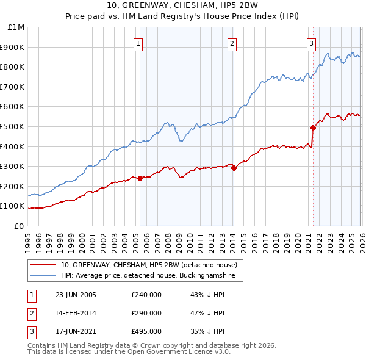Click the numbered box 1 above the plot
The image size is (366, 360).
[139, 43]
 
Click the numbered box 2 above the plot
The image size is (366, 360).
[232, 43]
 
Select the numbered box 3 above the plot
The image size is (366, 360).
[311, 43]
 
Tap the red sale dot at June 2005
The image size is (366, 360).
[140, 178]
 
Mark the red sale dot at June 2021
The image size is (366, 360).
[313, 128]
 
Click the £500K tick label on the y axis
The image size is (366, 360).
[13, 126]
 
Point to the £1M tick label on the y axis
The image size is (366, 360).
[16, 27]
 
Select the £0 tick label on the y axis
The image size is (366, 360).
[19, 226]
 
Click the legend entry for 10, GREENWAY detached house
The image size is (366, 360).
[152, 265]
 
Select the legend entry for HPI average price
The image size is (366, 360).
[152, 276]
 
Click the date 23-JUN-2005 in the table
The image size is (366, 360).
[76, 295]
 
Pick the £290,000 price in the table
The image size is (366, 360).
[146, 313]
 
